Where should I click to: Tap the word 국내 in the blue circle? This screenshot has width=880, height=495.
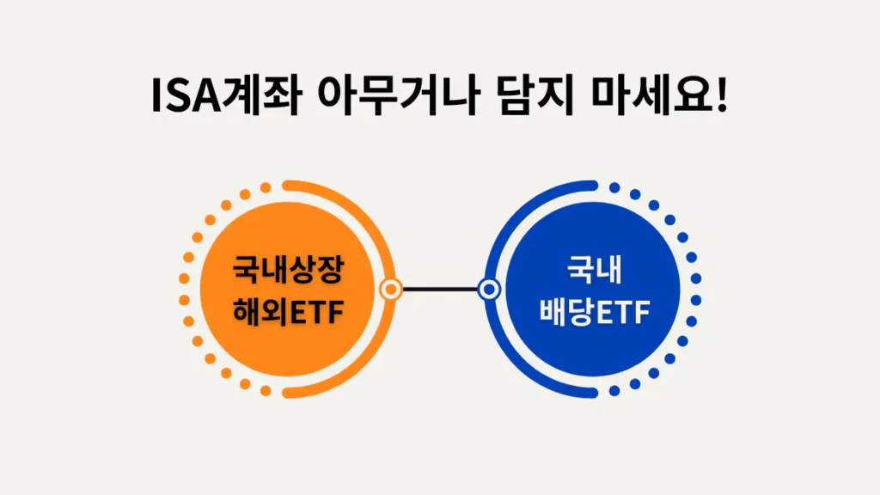point(594,271)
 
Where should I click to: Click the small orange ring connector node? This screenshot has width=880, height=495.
point(392,290)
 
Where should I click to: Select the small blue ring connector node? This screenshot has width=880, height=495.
point(489,290)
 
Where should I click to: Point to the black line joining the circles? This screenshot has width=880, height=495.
point(440,290)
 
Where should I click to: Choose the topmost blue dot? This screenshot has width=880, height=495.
point(614,187)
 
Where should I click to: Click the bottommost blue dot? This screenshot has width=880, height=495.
point(614,392)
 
